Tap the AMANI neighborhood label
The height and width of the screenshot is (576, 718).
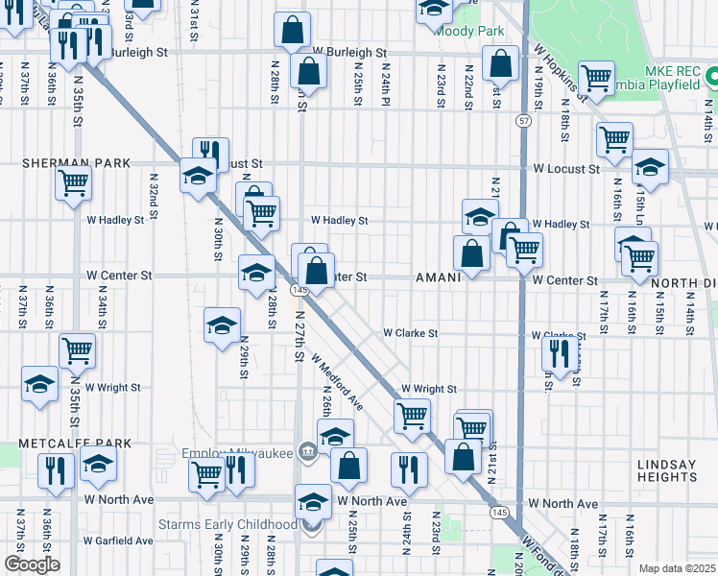tap(439, 277)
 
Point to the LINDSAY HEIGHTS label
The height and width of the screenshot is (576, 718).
tap(666, 471)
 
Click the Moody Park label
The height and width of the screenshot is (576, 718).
tap(469, 31)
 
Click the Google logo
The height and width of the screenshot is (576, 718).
tap(32, 564)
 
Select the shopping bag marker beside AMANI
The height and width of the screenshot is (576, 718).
tap(471, 254)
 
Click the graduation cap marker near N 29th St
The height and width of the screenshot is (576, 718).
tap(222, 324)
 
